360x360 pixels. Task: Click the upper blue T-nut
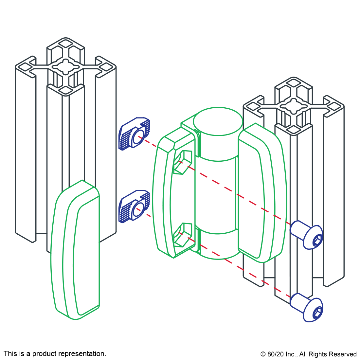click(x=134, y=134)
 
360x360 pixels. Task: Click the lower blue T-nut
click(x=134, y=206)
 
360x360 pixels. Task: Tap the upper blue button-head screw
click(x=307, y=235)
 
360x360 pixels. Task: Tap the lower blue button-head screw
click(x=307, y=308)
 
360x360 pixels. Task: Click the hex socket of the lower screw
click(x=318, y=313)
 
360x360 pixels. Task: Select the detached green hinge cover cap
click(x=75, y=250)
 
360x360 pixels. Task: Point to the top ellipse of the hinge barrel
click(x=218, y=121)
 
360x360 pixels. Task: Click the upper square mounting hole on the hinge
click(x=183, y=162)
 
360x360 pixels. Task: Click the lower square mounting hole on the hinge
click(x=183, y=235)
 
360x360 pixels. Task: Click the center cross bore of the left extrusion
click(x=66, y=67)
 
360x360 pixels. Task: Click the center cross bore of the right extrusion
click(x=294, y=106)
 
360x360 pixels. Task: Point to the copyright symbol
click(x=263, y=354)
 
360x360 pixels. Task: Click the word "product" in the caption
click(x=42, y=354)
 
